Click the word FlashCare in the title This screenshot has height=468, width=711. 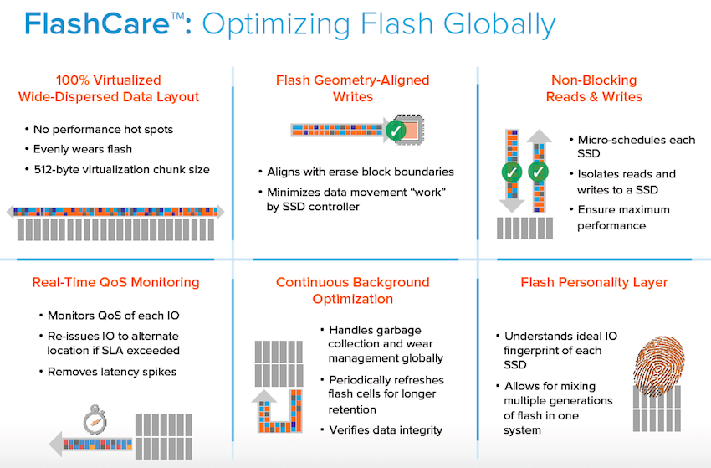coord(97,24)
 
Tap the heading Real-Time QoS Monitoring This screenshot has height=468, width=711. coord(115,282)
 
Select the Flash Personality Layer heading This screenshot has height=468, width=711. coord(594,282)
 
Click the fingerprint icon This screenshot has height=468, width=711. coord(659,364)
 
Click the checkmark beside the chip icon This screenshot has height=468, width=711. coord(396,131)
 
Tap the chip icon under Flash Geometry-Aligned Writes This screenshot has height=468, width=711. coord(410,130)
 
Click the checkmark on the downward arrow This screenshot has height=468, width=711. coord(512,172)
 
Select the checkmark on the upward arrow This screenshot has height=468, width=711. coord(538,172)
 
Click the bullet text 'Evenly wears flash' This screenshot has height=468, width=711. coord(83,149)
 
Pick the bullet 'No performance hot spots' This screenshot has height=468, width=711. coord(103,130)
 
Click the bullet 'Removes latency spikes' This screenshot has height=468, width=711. coord(112,372)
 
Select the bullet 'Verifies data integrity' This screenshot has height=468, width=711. coord(386,430)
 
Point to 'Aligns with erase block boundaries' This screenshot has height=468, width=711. coord(360,172)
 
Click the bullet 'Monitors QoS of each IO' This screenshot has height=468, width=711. coord(114,316)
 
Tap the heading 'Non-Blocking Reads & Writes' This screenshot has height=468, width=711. coord(594,89)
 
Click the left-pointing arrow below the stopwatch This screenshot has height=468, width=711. coord(90,444)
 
